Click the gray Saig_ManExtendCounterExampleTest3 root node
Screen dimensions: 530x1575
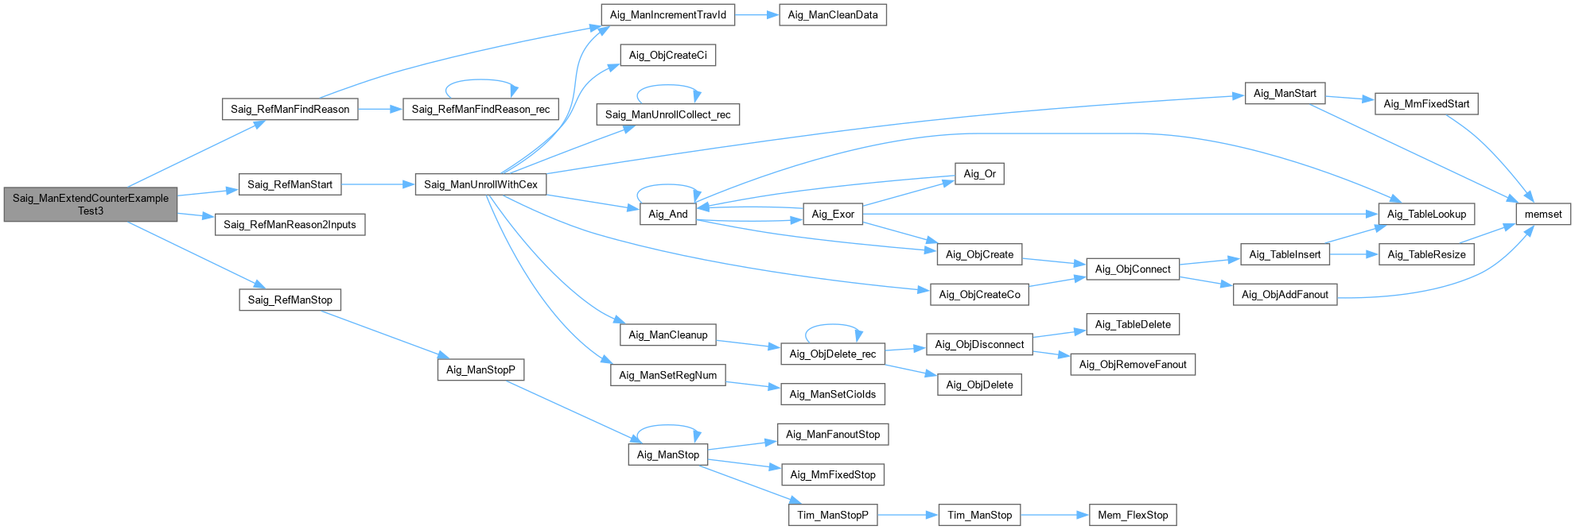[91, 204]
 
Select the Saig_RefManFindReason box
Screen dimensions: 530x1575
[290, 109]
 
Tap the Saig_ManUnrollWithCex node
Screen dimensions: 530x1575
[480, 184]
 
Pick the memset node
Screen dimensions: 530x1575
[1543, 214]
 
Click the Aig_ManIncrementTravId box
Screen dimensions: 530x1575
[667, 15]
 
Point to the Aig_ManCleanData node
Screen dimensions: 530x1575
[833, 15]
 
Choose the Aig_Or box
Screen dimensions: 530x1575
[979, 174]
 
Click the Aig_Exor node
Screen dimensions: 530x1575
[833, 214]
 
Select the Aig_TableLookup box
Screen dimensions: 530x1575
[1426, 214]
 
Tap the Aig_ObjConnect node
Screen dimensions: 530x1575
[1133, 269]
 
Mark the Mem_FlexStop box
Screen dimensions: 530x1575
[1133, 515]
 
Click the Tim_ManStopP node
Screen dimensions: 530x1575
[833, 515]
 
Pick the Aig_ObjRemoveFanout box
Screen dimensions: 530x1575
[1133, 365]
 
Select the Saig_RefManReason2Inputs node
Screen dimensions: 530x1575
[290, 225]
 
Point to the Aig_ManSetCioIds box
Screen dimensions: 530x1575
[833, 394]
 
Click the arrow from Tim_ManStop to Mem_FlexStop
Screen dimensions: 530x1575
[1054, 515]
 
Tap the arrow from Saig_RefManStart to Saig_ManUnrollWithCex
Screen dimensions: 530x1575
[378, 184]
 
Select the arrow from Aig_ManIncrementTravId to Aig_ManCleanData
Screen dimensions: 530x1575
[756, 15]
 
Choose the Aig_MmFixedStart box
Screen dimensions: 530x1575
[1426, 104]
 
